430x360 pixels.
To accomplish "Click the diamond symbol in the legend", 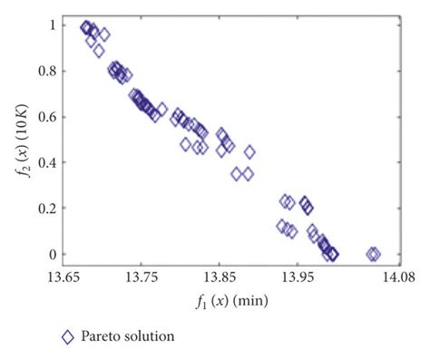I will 67,336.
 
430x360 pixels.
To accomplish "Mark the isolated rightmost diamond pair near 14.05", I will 372,254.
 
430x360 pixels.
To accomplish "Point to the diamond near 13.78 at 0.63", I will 161,110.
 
